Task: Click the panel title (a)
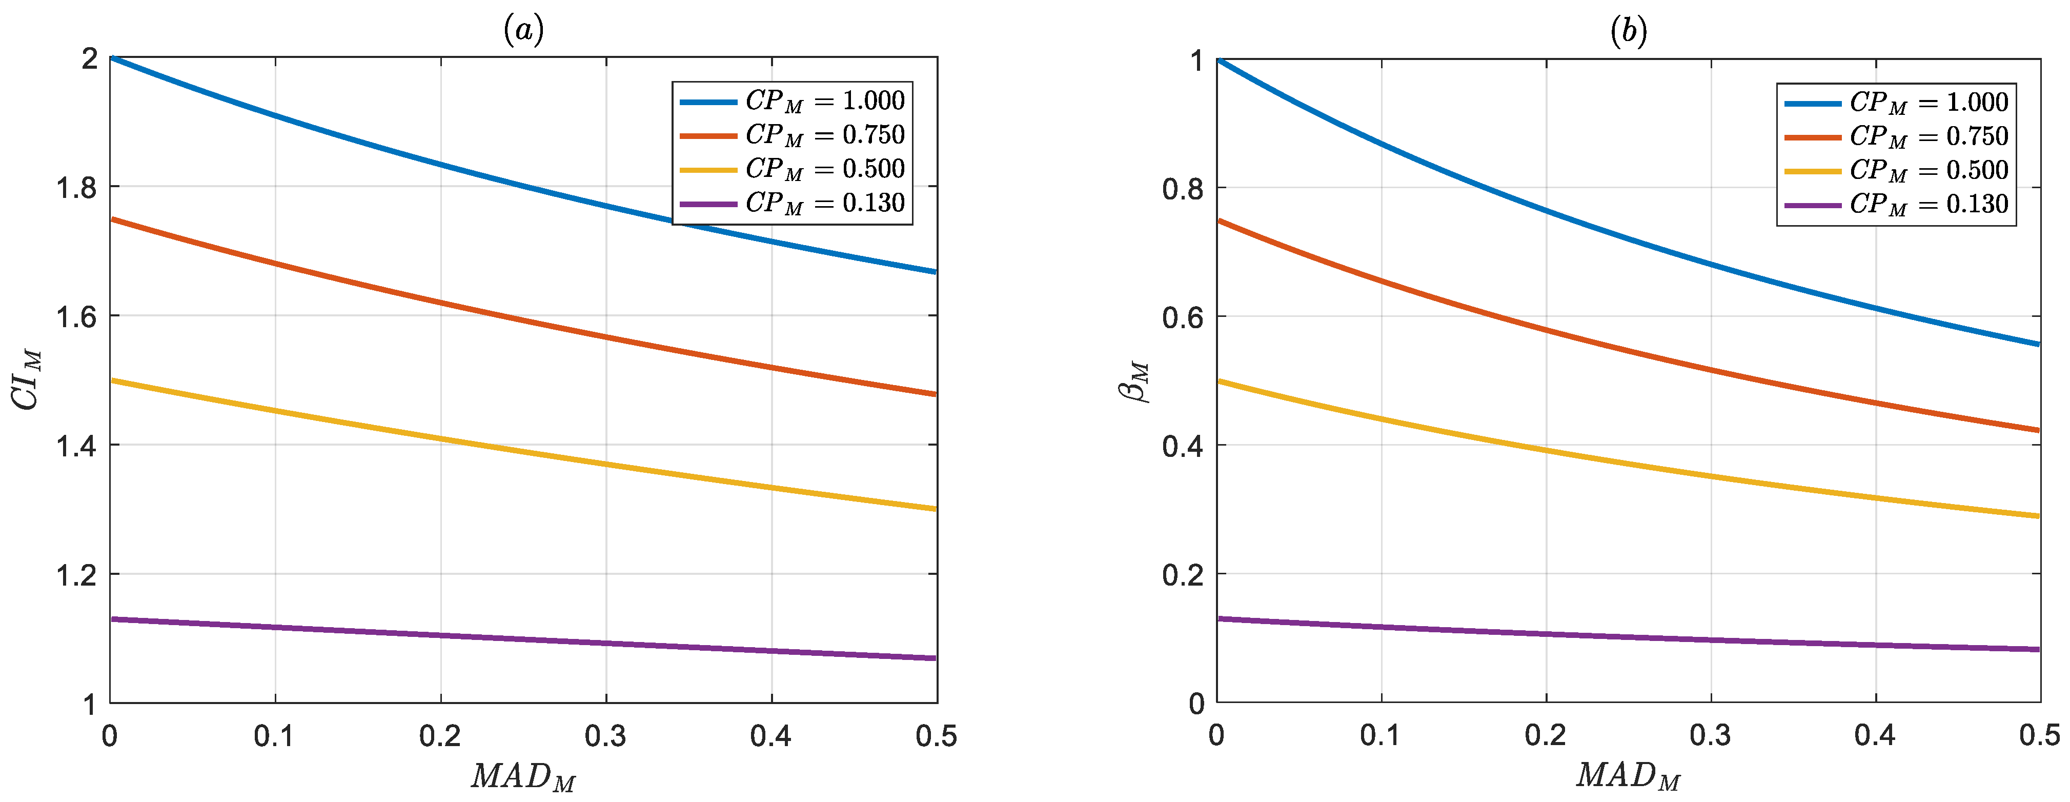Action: (523, 31)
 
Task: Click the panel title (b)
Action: (1628, 31)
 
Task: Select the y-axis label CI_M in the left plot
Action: (27, 379)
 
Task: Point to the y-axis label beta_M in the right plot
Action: (1134, 381)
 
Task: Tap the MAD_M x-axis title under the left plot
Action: (523, 776)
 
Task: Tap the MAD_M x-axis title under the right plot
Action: (1628, 776)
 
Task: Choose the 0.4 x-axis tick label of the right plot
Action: (1875, 736)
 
